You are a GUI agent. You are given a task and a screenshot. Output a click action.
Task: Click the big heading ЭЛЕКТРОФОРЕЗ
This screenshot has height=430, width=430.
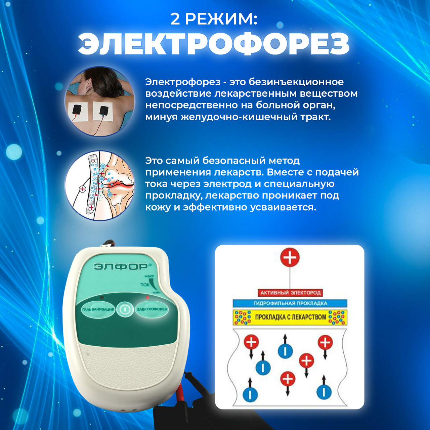coord(214,44)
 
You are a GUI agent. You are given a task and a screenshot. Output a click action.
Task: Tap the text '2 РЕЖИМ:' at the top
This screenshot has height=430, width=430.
coord(214,19)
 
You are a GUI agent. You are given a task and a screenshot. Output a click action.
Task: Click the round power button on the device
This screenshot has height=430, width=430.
coord(125,309)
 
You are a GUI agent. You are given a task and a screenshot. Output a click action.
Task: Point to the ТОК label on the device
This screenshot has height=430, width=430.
coord(145,285)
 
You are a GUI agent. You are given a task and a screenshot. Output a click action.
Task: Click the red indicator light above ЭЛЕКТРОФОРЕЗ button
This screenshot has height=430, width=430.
coord(147,297)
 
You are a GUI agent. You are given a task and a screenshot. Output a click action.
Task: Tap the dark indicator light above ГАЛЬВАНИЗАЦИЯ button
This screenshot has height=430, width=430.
coord(102,297)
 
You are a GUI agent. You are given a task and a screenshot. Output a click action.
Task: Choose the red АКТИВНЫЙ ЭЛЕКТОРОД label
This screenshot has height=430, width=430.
coord(290,293)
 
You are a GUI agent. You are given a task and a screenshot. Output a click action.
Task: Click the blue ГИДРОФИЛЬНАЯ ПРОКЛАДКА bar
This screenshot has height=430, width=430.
coord(290,303)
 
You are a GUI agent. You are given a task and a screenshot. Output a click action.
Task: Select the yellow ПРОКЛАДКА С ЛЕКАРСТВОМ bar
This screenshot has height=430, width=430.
coord(290,317)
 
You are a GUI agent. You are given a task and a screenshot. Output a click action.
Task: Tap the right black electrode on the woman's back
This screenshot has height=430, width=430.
coord(104,111)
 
